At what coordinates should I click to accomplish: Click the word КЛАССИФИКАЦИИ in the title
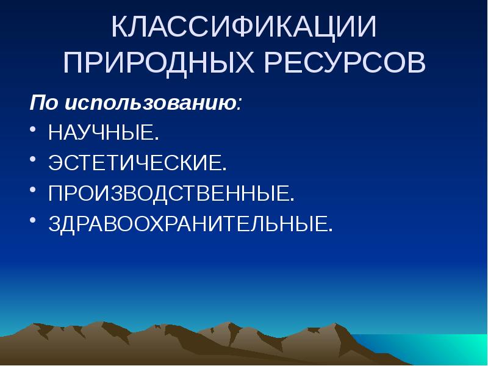point(243,28)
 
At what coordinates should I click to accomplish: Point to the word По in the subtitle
point(43,102)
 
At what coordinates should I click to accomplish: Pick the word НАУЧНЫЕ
point(97,132)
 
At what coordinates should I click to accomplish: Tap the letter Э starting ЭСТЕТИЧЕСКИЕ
point(56,163)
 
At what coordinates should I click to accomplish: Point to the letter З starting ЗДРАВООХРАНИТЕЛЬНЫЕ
point(56,224)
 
